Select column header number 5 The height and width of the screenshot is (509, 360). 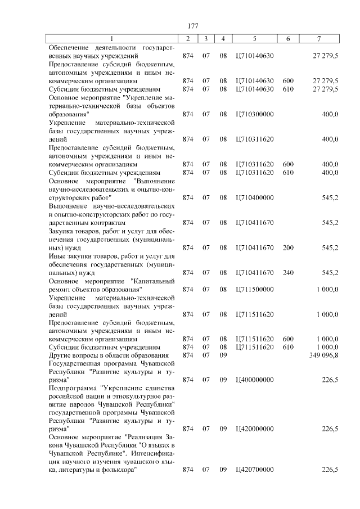(255, 38)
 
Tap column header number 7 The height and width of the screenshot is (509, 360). (318, 38)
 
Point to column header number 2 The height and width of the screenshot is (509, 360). (188, 38)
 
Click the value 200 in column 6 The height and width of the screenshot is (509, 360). (288, 247)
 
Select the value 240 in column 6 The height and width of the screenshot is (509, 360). (288, 273)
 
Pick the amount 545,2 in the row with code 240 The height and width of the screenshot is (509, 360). (329, 273)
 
